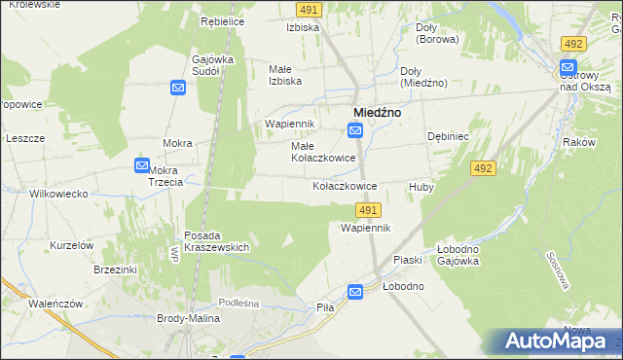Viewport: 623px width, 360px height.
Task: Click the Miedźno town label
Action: [379, 112]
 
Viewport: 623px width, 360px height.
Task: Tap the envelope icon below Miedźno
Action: [356, 130]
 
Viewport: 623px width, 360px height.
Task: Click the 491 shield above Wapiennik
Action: [368, 210]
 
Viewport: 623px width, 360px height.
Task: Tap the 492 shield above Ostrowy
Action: [573, 44]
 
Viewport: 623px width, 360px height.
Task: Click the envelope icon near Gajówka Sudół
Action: [178, 89]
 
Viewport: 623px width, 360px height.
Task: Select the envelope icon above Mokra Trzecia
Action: [142, 166]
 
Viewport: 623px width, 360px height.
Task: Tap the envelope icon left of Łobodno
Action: [356, 291]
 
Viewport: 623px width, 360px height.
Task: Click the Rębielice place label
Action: [222, 20]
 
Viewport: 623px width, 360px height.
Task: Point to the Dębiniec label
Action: [448, 137]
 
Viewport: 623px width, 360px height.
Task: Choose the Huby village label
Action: [421, 186]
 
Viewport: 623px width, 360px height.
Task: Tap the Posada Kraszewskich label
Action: [217, 241]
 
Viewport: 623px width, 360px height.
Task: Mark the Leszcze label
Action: [26, 138]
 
